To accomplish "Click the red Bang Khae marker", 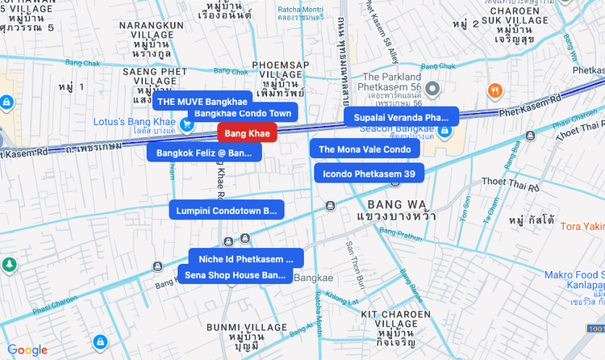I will point(248,133).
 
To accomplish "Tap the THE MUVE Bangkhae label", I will point(202,102).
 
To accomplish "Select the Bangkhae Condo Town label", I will point(243,113).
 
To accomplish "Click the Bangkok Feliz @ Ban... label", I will point(204,153).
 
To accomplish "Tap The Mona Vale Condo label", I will point(365,149).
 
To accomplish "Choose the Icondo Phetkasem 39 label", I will point(369,174).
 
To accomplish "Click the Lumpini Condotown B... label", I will point(226,211).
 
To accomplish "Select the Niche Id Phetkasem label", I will point(246,259).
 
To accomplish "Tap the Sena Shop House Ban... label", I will point(235,274).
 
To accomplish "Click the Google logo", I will point(27,350).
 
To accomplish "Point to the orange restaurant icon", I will point(496,90).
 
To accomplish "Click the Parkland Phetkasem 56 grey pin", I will point(432,88).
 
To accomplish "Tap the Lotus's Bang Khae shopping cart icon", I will point(186,123).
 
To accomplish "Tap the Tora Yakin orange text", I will point(582,226).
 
